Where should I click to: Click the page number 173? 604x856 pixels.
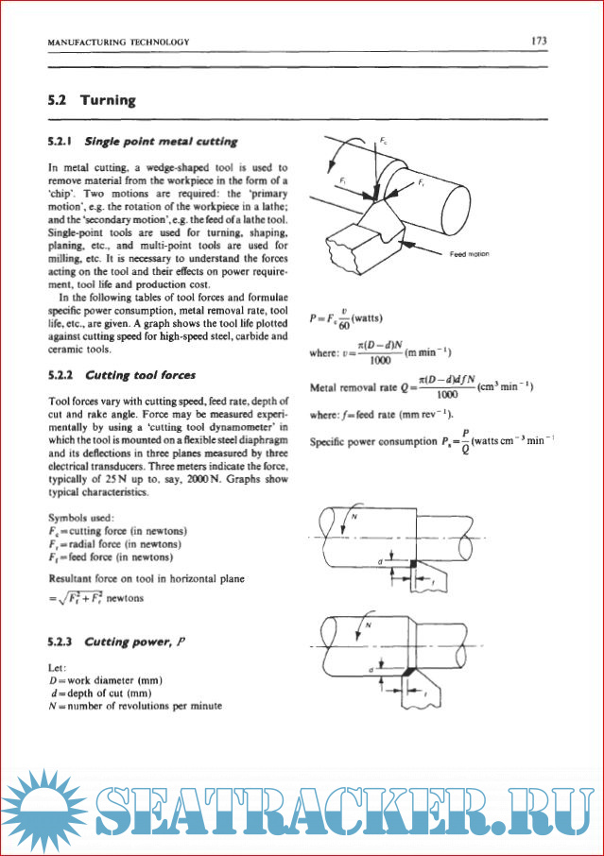point(540,41)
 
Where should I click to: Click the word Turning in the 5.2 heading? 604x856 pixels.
point(108,99)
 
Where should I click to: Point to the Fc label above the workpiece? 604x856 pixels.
point(383,140)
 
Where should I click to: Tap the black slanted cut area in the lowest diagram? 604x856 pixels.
point(406,670)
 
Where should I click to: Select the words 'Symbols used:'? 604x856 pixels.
point(81,517)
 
